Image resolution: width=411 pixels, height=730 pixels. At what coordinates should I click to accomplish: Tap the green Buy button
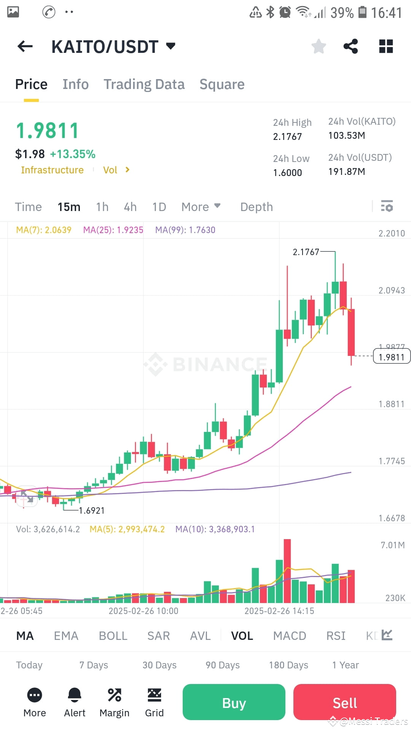(234, 702)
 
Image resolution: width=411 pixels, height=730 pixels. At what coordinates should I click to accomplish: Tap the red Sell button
(344, 702)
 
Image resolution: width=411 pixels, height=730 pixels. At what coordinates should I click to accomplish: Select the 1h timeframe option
(102, 207)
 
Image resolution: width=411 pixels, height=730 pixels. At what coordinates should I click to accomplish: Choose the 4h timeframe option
(130, 207)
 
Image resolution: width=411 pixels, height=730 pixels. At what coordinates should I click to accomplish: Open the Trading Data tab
(144, 84)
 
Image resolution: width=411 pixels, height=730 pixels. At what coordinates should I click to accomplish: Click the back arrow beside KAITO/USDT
(25, 46)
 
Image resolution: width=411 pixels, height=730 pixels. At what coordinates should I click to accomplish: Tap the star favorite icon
(319, 46)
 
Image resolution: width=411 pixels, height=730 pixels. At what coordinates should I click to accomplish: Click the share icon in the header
(350, 46)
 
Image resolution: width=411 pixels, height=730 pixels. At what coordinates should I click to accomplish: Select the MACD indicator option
(289, 636)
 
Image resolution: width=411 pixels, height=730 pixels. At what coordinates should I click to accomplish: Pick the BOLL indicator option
(113, 636)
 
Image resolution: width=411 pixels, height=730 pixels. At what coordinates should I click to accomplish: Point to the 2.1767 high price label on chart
(306, 252)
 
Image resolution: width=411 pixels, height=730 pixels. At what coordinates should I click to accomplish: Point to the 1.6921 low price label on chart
(91, 511)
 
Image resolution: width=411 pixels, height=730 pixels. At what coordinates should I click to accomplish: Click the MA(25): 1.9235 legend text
(113, 230)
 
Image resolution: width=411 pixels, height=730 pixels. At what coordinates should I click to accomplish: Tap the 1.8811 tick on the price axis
(391, 404)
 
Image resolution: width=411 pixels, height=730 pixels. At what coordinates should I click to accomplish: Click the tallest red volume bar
(287, 570)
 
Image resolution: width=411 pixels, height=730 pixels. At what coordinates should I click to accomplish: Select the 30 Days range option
(159, 665)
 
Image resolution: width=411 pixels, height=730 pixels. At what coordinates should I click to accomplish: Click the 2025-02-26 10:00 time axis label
(143, 611)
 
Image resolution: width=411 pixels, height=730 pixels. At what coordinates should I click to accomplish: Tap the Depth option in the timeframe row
(256, 207)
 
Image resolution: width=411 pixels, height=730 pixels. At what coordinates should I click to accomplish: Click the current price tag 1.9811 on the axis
(391, 357)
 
